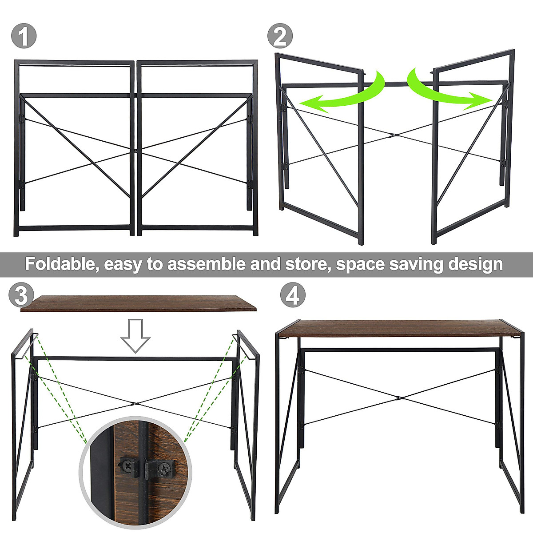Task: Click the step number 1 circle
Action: click(x=23, y=36)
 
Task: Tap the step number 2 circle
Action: click(x=280, y=36)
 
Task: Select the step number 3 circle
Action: click(x=21, y=295)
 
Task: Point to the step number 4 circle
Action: click(x=293, y=295)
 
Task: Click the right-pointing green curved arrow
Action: click(x=449, y=91)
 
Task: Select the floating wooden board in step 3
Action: click(x=139, y=303)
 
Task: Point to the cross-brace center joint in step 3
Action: click(x=134, y=403)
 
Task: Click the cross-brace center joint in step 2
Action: click(x=393, y=135)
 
